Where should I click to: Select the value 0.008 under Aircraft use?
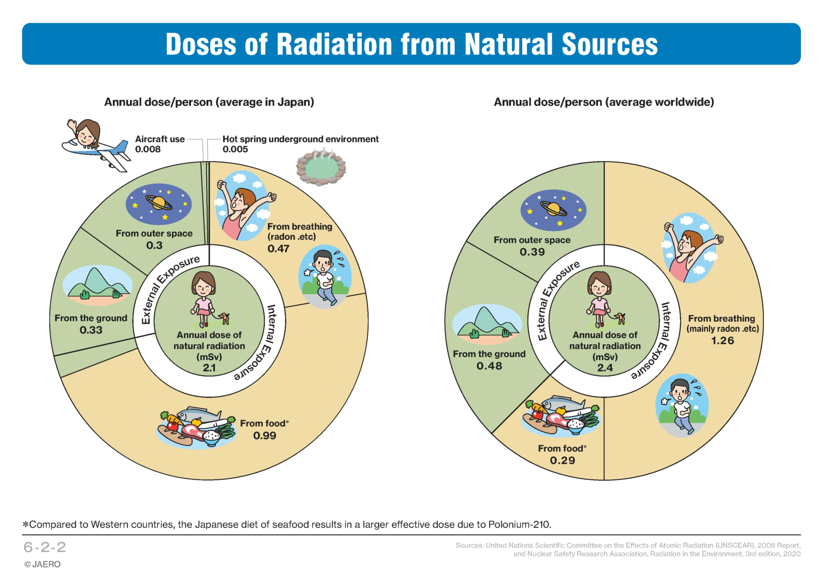click(x=148, y=149)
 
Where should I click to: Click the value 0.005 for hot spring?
click(x=235, y=149)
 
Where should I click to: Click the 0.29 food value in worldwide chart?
click(x=562, y=460)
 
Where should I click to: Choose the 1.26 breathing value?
click(x=723, y=340)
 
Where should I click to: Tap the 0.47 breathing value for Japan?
click(x=278, y=248)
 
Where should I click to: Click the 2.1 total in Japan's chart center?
click(x=209, y=368)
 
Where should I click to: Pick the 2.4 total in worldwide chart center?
click(x=605, y=368)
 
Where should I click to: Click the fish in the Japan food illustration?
click(x=198, y=415)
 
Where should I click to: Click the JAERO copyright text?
click(x=42, y=564)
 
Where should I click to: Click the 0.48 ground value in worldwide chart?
click(x=489, y=366)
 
